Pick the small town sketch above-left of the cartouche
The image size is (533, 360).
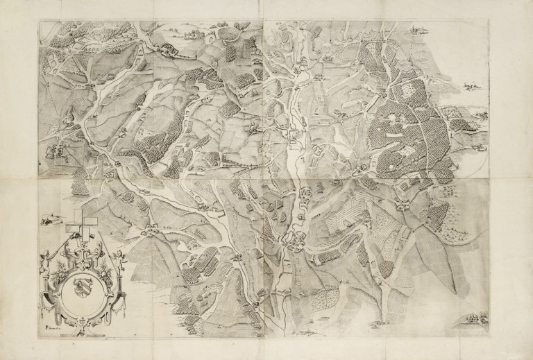pyautogui.click(x=47, y=221)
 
